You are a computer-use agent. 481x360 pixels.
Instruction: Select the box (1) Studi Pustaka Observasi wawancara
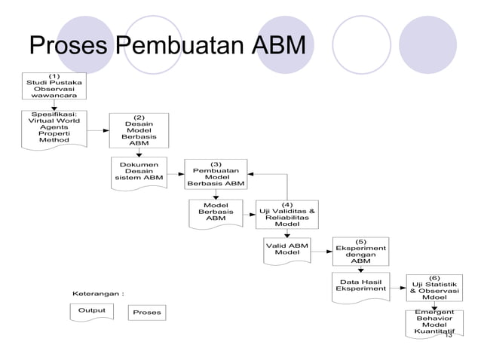coord(54,85)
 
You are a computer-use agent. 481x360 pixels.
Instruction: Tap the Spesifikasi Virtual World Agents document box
coord(54,128)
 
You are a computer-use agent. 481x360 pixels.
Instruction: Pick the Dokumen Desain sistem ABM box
coord(139,172)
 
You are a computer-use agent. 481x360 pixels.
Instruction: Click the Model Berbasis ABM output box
coord(216,212)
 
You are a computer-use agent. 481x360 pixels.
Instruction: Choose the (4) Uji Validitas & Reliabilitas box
coord(287,214)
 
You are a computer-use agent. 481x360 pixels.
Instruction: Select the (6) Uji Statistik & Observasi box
coord(434,287)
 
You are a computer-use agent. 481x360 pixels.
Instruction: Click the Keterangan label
coord(98,292)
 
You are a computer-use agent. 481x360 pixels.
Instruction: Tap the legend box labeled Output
coord(91,312)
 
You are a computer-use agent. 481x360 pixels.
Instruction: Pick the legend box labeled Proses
coord(147,312)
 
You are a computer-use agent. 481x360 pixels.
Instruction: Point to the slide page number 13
coord(448,334)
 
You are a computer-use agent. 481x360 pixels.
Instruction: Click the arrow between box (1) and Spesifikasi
coord(54,105)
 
